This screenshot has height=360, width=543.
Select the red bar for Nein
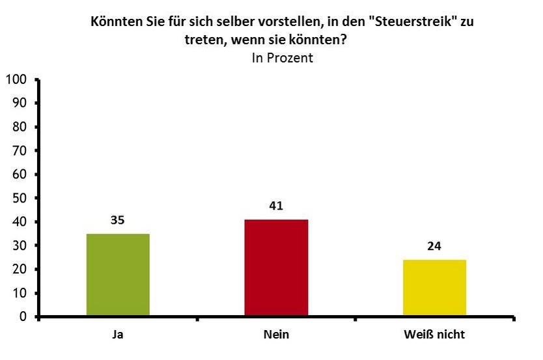(276, 268)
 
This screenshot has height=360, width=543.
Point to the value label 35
(117, 220)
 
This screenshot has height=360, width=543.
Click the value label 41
(276, 206)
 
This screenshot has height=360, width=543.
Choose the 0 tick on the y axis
(23, 317)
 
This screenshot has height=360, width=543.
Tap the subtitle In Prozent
(283, 58)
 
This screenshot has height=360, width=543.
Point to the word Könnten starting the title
(114, 21)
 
